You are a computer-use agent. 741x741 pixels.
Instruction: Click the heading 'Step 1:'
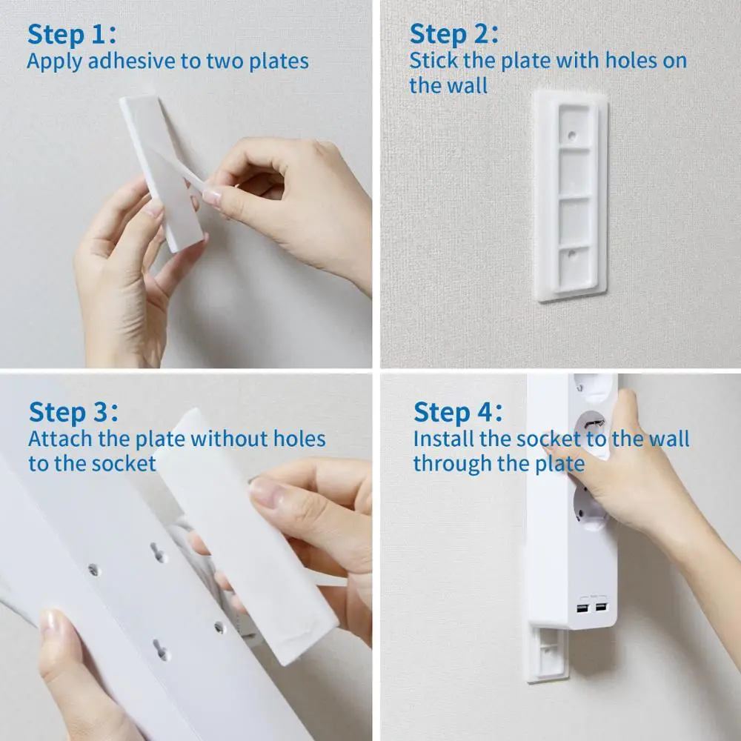(71, 34)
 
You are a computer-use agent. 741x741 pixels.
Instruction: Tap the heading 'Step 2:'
(453, 34)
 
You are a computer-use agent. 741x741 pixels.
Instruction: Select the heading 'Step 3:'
(73, 412)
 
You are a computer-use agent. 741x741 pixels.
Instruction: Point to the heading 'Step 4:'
(457, 412)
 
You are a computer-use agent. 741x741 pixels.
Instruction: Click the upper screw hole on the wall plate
(571, 136)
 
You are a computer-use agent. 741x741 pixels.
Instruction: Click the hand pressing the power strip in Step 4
(615, 474)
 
